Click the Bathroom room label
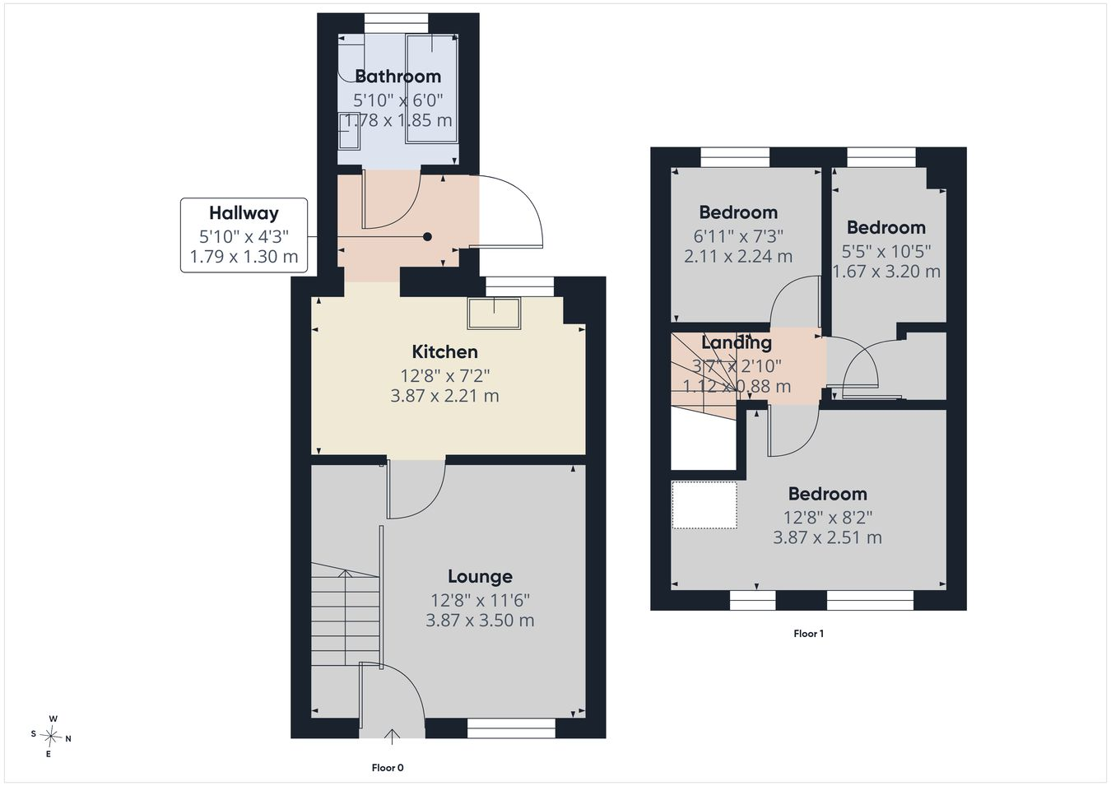pyautogui.click(x=397, y=77)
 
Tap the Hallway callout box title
pyautogui.click(x=244, y=213)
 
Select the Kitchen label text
pyautogui.click(x=445, y=352)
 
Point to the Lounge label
pyautogui.click(x=480, y=576)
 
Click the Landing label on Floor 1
pyautogui.click(x=737, y=342)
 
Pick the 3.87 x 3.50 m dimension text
pyautogui.click(x=480, y=621)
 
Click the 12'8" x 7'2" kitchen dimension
pyautogui.click(x=445, y=376)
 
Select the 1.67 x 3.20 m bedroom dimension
pyautogui.click(x=886, y=272)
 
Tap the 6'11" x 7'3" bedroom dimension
pyautogui.click(x=738, y=236)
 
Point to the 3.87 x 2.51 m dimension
pyautogui.click(x=827, y=537)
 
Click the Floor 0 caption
pyautogui.click(x=388, y=768)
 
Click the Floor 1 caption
pyautogui.click(x=808, y=633)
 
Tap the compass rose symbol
pyautogui.click(x=50, y=737)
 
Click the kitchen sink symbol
pyautogui.click(x=494, y=313)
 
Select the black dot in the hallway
pyautogui.click(x=427, y=237)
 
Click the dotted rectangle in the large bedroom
pyautogui.click(x=704, y=505)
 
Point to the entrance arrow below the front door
pyautogui.click(x=392, y=737)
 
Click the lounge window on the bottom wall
pyautogui.click(x=511, y=728)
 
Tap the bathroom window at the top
pyautogui.click(x=397, y=23)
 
